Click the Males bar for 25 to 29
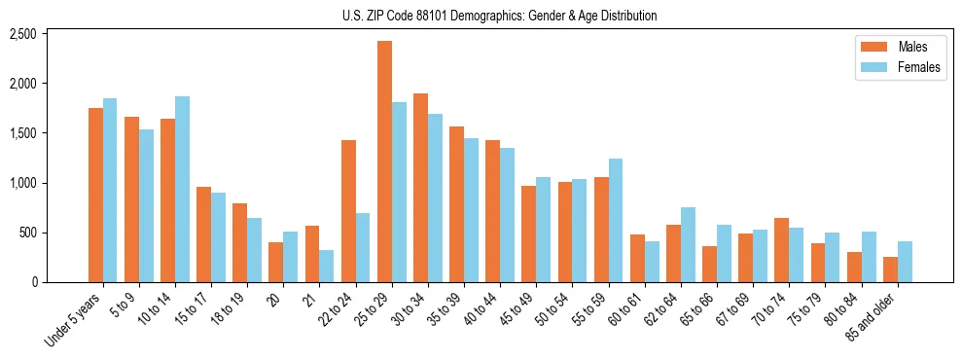coord(384,162)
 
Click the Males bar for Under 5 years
coord(95,195)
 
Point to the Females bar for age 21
coord(326,267)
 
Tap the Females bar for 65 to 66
coord(724,254)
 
